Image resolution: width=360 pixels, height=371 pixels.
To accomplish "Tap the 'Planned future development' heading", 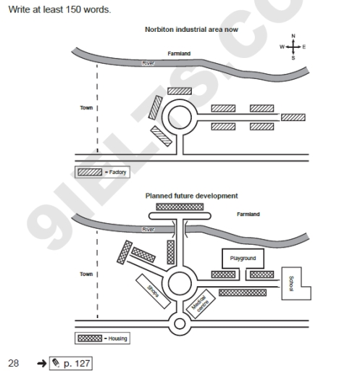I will click(x=191, y=196).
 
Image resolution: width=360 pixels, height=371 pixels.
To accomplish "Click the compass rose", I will click(x=293, y=46).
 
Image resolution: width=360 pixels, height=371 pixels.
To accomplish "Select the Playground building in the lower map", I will click(x=243, y=259).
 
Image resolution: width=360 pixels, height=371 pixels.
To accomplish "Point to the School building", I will click(x=293, y=283).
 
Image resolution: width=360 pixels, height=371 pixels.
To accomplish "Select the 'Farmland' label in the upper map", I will click(x=179, y=54).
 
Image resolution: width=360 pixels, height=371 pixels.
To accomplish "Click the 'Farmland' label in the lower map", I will click(x=248, y=214).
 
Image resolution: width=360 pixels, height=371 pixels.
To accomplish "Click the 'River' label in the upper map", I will click(x=148, y=64).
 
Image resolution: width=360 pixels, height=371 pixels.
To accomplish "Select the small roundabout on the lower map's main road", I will click(x=179, y=322).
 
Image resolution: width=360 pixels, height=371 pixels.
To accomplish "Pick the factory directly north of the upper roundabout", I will click(x=180, y=91).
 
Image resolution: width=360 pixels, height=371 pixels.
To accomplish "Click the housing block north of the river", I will click(x=179, y=207).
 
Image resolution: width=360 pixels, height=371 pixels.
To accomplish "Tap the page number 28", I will click(x=14, y=362).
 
